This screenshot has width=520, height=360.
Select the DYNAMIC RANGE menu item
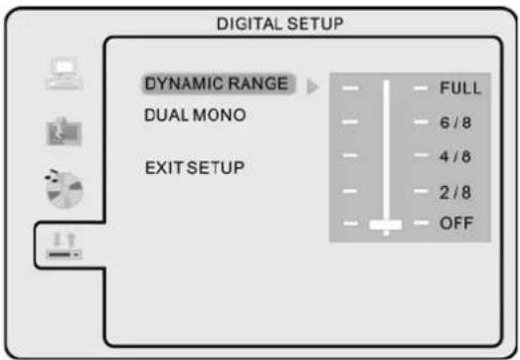(x=218, y=86)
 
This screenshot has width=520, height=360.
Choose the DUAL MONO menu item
(x=195, y=115)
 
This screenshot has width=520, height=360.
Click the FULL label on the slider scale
(x=460, y=89)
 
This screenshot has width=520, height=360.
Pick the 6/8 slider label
(x=455, y=123)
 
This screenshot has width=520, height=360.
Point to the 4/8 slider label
(x=455, y=156)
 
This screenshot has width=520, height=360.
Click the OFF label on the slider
(x=456, y=225)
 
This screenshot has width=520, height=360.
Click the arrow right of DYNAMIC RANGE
(x=312, y=88)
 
